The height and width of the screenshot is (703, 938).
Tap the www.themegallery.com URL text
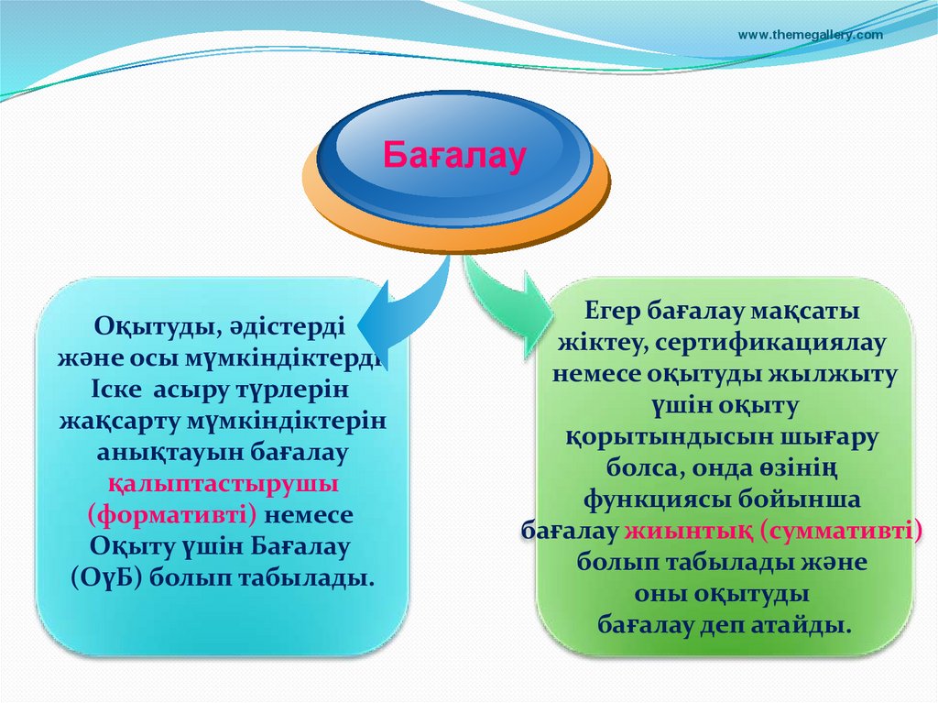point(810,35)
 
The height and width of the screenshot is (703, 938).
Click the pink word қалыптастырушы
point(224,483)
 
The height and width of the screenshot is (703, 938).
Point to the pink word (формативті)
point(172,514)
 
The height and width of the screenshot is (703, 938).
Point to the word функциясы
point(649,500)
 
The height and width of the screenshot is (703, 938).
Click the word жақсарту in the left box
point(118,422)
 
